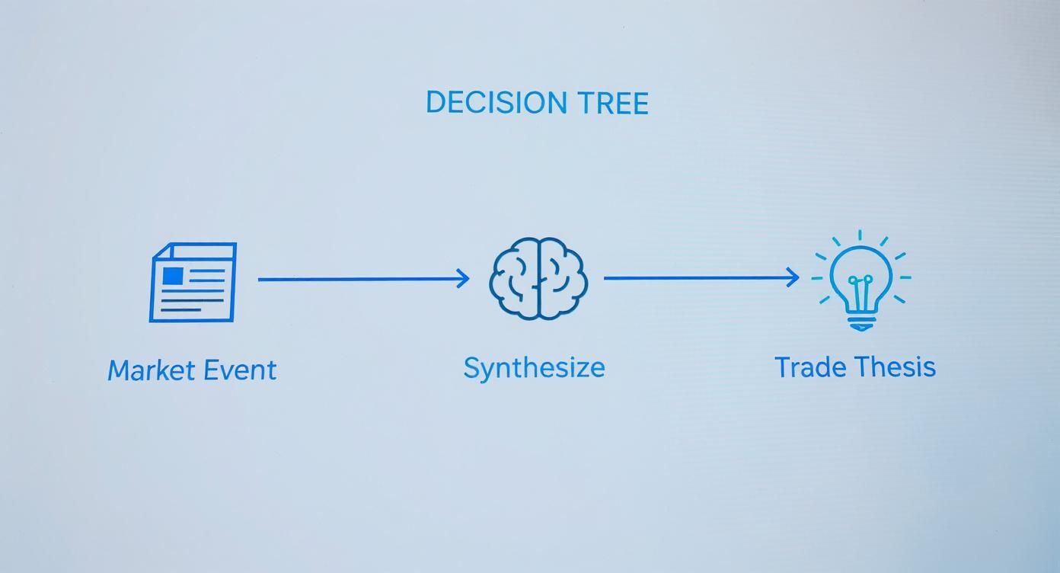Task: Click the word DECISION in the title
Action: pyautogui.click(x=496, y=102)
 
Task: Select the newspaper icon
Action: pyautogui.click(x=193, y=282)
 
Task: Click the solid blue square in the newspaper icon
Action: pyautogui.click(x=173, y=276)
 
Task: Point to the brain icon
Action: pyautogui.click(x=538, y=278)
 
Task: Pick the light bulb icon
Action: pyautogui.click(x=860, y=281)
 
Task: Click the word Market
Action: pyautogui.click(x=152, y=370)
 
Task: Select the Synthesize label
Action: pyautogui.click(x=535, y=369)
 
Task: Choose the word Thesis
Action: pyautogui.click(x=896, y=367)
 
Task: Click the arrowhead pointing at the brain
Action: pyautogui.click(x=462, y=278)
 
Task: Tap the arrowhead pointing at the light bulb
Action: pyautogui.click(x=793, y=277)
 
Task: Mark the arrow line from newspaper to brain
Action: pyautogui.click(x=363, y=279)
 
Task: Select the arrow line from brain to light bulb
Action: pyautogui.click(x=702, y=278)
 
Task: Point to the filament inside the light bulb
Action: pyautogui.click(x=860, y=293)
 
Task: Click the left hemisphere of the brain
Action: pyautogui.click(x=513, y=278)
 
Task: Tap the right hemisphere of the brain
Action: pyautogui.click(x=564, y=278)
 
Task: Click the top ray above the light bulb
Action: pyautogui.click(x=860, y=235)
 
